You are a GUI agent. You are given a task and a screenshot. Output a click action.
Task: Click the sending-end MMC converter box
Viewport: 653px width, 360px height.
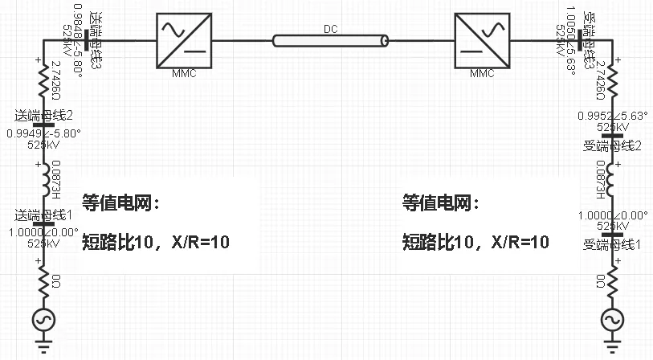(184, 39)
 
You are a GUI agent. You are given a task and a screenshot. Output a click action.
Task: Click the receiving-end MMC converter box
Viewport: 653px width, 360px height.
(481, 39)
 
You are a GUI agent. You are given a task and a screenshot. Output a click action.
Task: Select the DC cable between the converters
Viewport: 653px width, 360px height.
(330, 40)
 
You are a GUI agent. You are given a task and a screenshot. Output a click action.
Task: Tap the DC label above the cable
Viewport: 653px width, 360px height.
(330, 30)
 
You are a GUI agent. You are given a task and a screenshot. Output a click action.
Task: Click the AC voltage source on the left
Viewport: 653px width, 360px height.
(43, 319)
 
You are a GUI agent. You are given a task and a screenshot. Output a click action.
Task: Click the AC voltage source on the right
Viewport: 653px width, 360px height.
(612, 319)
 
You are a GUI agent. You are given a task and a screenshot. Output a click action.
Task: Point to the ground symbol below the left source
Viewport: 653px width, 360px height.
(43, 347)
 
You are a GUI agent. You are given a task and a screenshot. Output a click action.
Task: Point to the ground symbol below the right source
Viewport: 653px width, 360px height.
(612, 347)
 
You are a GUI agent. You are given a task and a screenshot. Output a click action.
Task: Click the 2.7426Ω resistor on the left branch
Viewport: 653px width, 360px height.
(43, 77)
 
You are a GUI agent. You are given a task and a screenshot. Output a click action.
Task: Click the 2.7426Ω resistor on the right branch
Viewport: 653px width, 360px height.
(612, 79)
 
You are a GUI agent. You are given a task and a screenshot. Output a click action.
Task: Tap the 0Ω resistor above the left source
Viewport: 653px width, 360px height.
(43, 280)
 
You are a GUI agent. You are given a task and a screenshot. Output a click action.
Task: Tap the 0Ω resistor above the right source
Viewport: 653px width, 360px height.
(612, 280)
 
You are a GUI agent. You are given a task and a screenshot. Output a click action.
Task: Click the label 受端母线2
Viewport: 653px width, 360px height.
(613, 145)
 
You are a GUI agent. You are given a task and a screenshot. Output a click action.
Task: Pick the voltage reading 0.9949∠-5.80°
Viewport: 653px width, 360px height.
(43, 133)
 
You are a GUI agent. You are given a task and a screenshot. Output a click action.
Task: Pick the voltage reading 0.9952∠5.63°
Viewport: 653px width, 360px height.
(612, 115)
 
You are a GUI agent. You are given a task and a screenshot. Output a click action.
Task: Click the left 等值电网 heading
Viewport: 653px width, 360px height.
(121, 203)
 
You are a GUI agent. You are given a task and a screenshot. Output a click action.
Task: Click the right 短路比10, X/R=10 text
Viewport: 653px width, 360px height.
(475, 242)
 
